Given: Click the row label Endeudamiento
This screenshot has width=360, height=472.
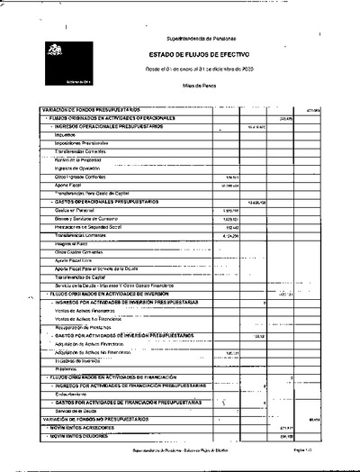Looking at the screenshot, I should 75,394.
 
